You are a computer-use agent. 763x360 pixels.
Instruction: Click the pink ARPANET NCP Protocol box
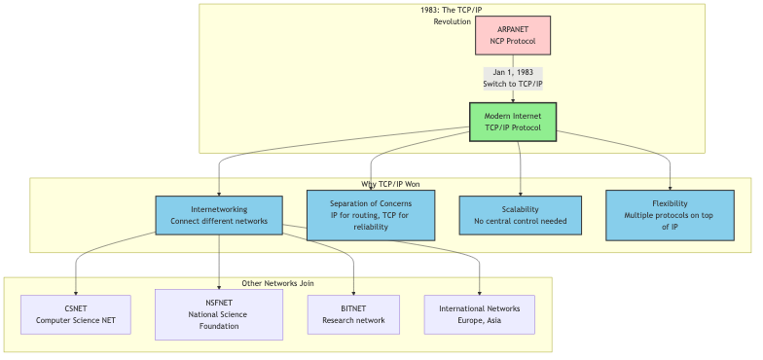point(513,35)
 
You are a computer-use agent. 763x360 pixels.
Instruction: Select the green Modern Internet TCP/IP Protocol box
point(513,122)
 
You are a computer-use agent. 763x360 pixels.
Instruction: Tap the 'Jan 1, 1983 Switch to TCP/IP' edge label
point(513,78)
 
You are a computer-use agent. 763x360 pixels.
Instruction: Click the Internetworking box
point(219,215)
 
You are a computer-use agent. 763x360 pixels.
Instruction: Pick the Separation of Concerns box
point(371,214)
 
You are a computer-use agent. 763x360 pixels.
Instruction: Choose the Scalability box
point(520,215)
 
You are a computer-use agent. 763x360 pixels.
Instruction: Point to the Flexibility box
point(670,215)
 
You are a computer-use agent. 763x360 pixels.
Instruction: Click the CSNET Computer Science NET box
point(75,314)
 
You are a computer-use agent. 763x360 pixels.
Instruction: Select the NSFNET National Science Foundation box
point(219,314)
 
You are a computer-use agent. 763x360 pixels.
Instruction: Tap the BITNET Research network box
point(353,314)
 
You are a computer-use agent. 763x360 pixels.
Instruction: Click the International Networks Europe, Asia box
point(479,314)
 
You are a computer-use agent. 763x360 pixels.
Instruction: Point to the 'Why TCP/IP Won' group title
point(390,184)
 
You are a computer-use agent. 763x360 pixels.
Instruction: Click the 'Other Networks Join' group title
point(278,283)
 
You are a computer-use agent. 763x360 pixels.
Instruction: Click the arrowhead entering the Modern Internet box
point(513,98)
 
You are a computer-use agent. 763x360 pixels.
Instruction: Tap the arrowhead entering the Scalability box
point(520,193)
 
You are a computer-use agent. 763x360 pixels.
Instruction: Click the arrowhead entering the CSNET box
point(75,291)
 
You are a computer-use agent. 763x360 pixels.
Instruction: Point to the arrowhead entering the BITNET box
point(353,291)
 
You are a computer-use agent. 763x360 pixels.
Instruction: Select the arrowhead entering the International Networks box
point(479,291)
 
